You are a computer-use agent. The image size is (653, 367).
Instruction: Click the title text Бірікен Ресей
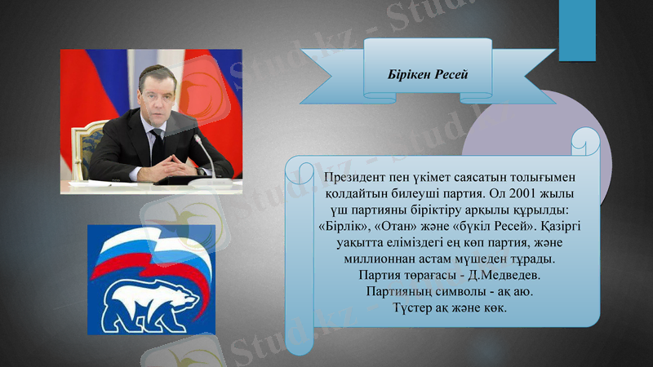click(428, 74)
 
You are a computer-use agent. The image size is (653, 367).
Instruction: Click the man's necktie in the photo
click(158, 146)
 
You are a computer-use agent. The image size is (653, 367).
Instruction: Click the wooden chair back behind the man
click(85, 147)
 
